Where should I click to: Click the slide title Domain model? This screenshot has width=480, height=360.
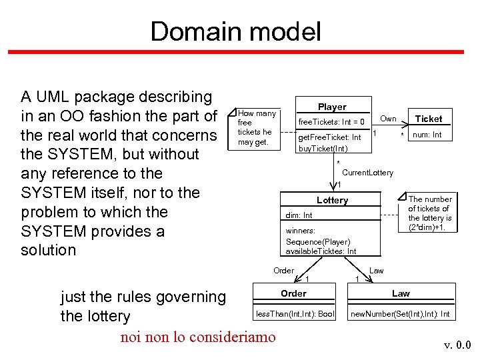click(x=235, y=31)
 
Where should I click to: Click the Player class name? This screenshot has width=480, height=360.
click(x=332, y=107)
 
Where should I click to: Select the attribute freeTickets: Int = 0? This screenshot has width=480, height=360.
click(x=331, y=122)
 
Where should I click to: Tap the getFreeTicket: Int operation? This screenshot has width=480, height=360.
click(x=329, y=137)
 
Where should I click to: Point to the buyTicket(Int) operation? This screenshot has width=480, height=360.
click(x=323, y=148)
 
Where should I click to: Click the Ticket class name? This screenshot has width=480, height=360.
click(x=429, y=119)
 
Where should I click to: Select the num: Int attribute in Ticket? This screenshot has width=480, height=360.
click(x=427, y=135)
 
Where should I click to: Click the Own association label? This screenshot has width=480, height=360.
click(x=388, y=119)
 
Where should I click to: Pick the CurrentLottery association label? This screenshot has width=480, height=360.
click(x=367, y=173)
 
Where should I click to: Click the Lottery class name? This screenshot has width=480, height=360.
click(x=332, y=200)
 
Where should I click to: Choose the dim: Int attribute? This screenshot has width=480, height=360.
click(x=299, y=215)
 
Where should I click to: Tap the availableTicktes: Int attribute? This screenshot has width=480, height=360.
click(x=321, y=251)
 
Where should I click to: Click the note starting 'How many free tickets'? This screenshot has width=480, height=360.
click(x=257, y=127)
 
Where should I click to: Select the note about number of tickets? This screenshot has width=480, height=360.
click(x=429, y=213)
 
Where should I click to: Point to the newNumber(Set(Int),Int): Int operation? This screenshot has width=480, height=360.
click(x=400, y=313)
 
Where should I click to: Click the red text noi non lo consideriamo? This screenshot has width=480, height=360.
click(x=197, y=337)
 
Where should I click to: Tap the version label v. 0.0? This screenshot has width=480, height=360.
click(x=457, y=345)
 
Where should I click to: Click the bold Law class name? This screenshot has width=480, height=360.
click(x=401, y=293)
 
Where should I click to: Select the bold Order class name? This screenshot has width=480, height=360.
click(x=293, y=293)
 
